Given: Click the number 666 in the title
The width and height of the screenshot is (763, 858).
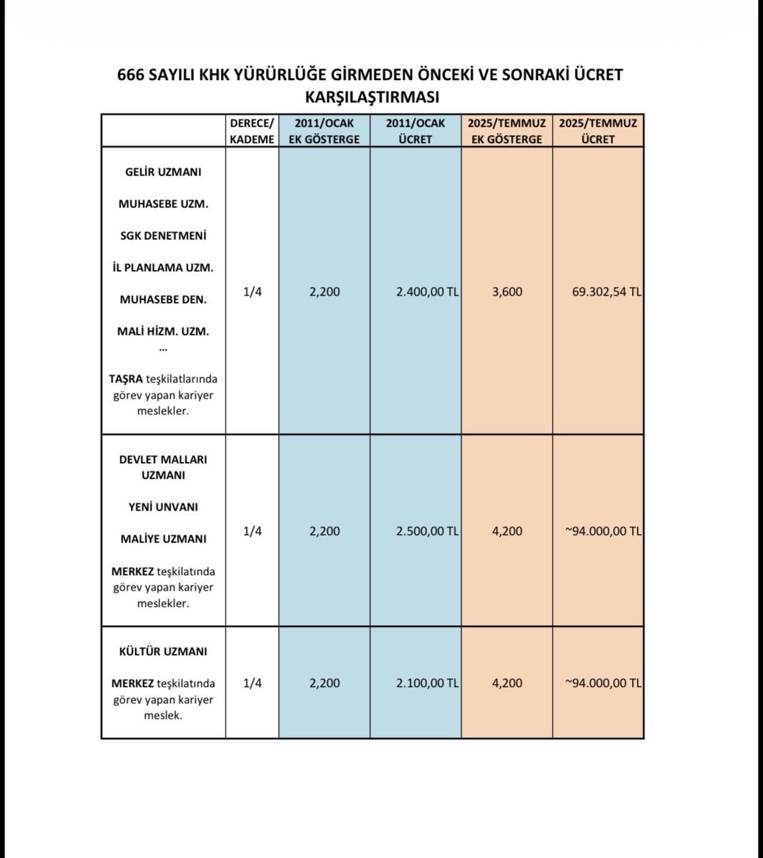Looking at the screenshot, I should click(132, 75).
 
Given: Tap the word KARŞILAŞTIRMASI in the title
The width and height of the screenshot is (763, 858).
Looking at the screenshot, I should click(372, 97).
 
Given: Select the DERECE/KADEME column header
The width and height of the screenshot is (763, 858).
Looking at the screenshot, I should click(252, 131).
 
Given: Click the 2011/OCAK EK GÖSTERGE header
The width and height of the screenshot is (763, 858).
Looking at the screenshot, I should click(324, 131).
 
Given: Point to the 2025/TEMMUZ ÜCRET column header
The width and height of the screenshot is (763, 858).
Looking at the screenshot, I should click(598, 131).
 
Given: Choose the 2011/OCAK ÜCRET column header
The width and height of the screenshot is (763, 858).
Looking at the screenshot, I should click(415, 131).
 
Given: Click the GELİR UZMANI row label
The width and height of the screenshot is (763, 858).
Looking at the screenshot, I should click(163, 172).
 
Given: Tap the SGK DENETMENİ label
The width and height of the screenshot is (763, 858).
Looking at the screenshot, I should click(163, 235).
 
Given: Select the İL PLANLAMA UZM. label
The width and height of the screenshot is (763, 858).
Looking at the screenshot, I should click(163, 267).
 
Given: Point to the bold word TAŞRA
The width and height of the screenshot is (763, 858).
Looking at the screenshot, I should click(126, 378).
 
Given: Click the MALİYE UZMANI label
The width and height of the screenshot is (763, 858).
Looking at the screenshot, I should click(163, 539).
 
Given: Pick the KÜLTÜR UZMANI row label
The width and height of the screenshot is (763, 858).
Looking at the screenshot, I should click(163, 651).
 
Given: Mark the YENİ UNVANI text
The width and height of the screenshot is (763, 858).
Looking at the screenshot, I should click(163, 507).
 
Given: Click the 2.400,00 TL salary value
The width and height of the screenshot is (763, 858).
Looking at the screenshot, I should click(427, 292).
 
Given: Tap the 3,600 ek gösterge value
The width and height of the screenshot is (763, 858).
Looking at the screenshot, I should click(507, 292).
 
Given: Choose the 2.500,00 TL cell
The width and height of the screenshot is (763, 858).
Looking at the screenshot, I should click(427, 531).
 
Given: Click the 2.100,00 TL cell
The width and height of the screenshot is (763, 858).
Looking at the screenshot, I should click(427, 683).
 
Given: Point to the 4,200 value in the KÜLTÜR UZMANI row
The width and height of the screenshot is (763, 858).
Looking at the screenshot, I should click(507, 683).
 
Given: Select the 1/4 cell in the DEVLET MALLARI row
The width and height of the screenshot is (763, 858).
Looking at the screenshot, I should click(252, 531).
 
